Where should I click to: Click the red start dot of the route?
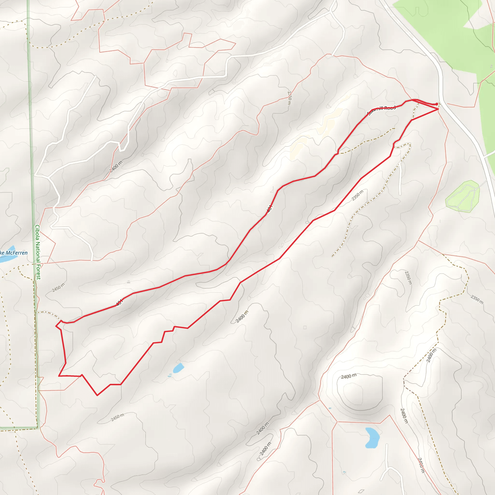pos(437,104)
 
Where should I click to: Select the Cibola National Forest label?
pos(38,252)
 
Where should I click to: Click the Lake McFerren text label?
pos(14,253)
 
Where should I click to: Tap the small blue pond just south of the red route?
pos(178,368)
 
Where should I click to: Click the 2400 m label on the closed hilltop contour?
pos(349,376)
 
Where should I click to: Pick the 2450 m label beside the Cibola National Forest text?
pos(58,287)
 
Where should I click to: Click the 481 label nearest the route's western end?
pos(119,303)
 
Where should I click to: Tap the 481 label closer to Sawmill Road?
pos(269,209)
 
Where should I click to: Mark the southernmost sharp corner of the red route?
pos(97,395)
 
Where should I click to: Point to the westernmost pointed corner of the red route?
pos(56,326)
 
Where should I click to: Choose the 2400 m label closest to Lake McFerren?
pos(116,166)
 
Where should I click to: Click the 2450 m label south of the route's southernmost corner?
pos(117,417)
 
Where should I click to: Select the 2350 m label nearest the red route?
pos(357,195)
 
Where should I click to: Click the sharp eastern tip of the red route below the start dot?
pos(438,109)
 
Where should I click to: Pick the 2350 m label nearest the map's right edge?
pos(477,300)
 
